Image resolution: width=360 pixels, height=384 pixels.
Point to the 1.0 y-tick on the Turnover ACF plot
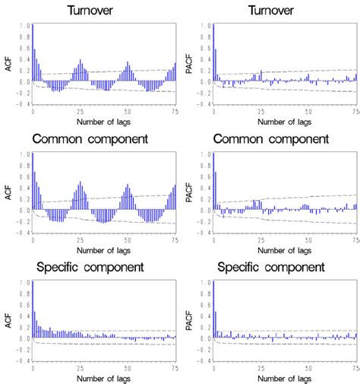click(25, 25)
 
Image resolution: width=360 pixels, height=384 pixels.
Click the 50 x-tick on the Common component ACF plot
click(128, 240)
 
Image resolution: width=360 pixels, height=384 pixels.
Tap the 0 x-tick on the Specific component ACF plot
click(33, 368)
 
